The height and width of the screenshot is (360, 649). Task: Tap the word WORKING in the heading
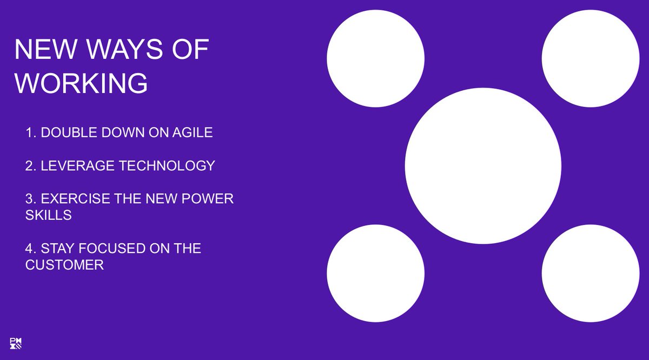click(x=81, y=84)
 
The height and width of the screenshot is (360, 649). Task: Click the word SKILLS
click(x=48, y=215)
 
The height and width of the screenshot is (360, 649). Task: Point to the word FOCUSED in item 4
click(x=108, y=249)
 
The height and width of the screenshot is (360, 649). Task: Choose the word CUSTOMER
click(x=64, y=265)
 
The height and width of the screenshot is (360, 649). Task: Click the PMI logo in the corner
click(x=16, y=343)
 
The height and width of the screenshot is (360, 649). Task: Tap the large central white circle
click(x=483, y=165)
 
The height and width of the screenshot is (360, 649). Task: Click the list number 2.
click(x=30, y=166)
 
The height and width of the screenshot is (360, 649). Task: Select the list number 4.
click(x=30, y=249)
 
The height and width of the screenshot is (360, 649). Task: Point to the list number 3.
click(x=30, y=198)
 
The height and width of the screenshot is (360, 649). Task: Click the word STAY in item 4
click(x=57, y=249)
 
